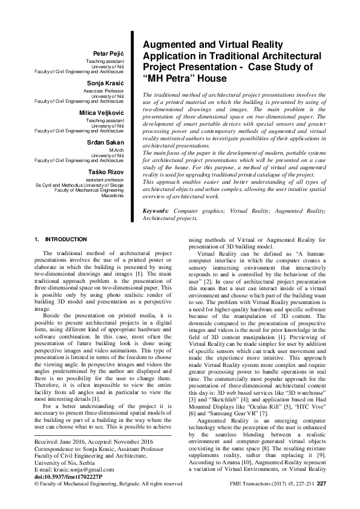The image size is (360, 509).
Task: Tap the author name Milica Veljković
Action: coord(102,112)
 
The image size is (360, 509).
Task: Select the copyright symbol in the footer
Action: coord(38,483)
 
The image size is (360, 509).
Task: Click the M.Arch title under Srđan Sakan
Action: coord(116,149)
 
